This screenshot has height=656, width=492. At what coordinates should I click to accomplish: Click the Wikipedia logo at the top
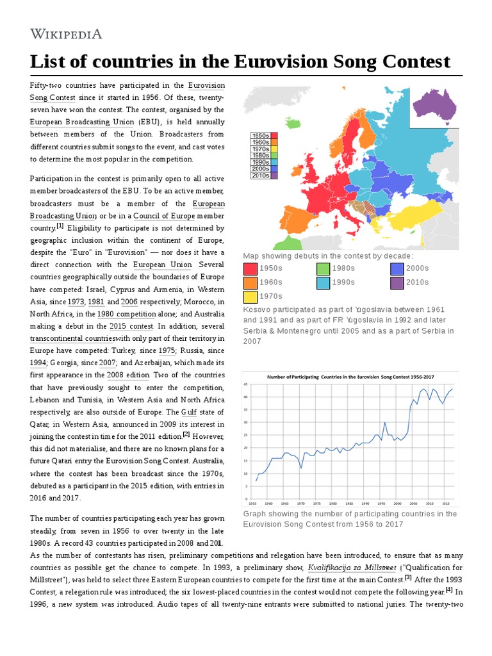(x=66, y=34)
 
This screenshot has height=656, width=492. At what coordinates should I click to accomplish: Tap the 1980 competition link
(x=127, y=314)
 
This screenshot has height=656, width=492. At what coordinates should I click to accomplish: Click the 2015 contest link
(x=131, y=326)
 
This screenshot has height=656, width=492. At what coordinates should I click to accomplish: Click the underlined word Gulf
(x=189, y=411)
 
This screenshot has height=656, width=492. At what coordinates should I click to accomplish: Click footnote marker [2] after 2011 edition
(x=186, y=434)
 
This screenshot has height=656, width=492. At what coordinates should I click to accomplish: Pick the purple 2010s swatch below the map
(x=397, y=282)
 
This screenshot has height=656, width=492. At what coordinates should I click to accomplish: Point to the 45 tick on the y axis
(x=245, y=384)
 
